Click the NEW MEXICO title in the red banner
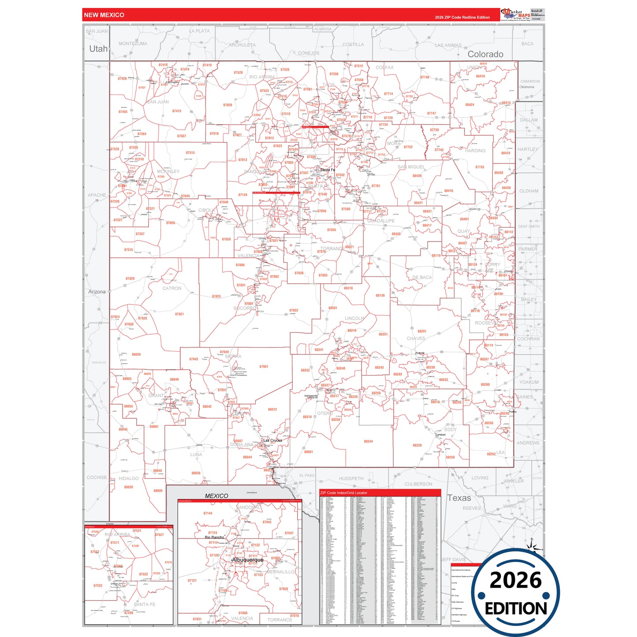click(x=104, y=15)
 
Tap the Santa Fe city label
click(x=328, y=170)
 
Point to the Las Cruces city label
click(x=272, y=440)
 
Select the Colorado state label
click(x=485, y=54)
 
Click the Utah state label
click(x=98, y=48)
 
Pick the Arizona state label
click(x=97, y=292)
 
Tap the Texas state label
click(x=459, y=498)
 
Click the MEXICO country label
click(x=216, y=496)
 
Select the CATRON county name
click(x=172, y=288)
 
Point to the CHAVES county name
click(x=416, y=339)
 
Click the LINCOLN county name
click(x=354, y=318)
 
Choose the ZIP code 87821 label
click(x=179, y=314)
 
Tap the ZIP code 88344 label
click(x=368, y=441)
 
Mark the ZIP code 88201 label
click(x=422, y=331)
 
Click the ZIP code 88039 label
click(x=136, y=354)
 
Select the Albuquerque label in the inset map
click(x=248, y=560)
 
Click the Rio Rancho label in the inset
click(x=214, y=537)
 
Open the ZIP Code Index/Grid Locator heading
click(x=344, y=493)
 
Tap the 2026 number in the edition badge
click(x=515, y=580)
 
